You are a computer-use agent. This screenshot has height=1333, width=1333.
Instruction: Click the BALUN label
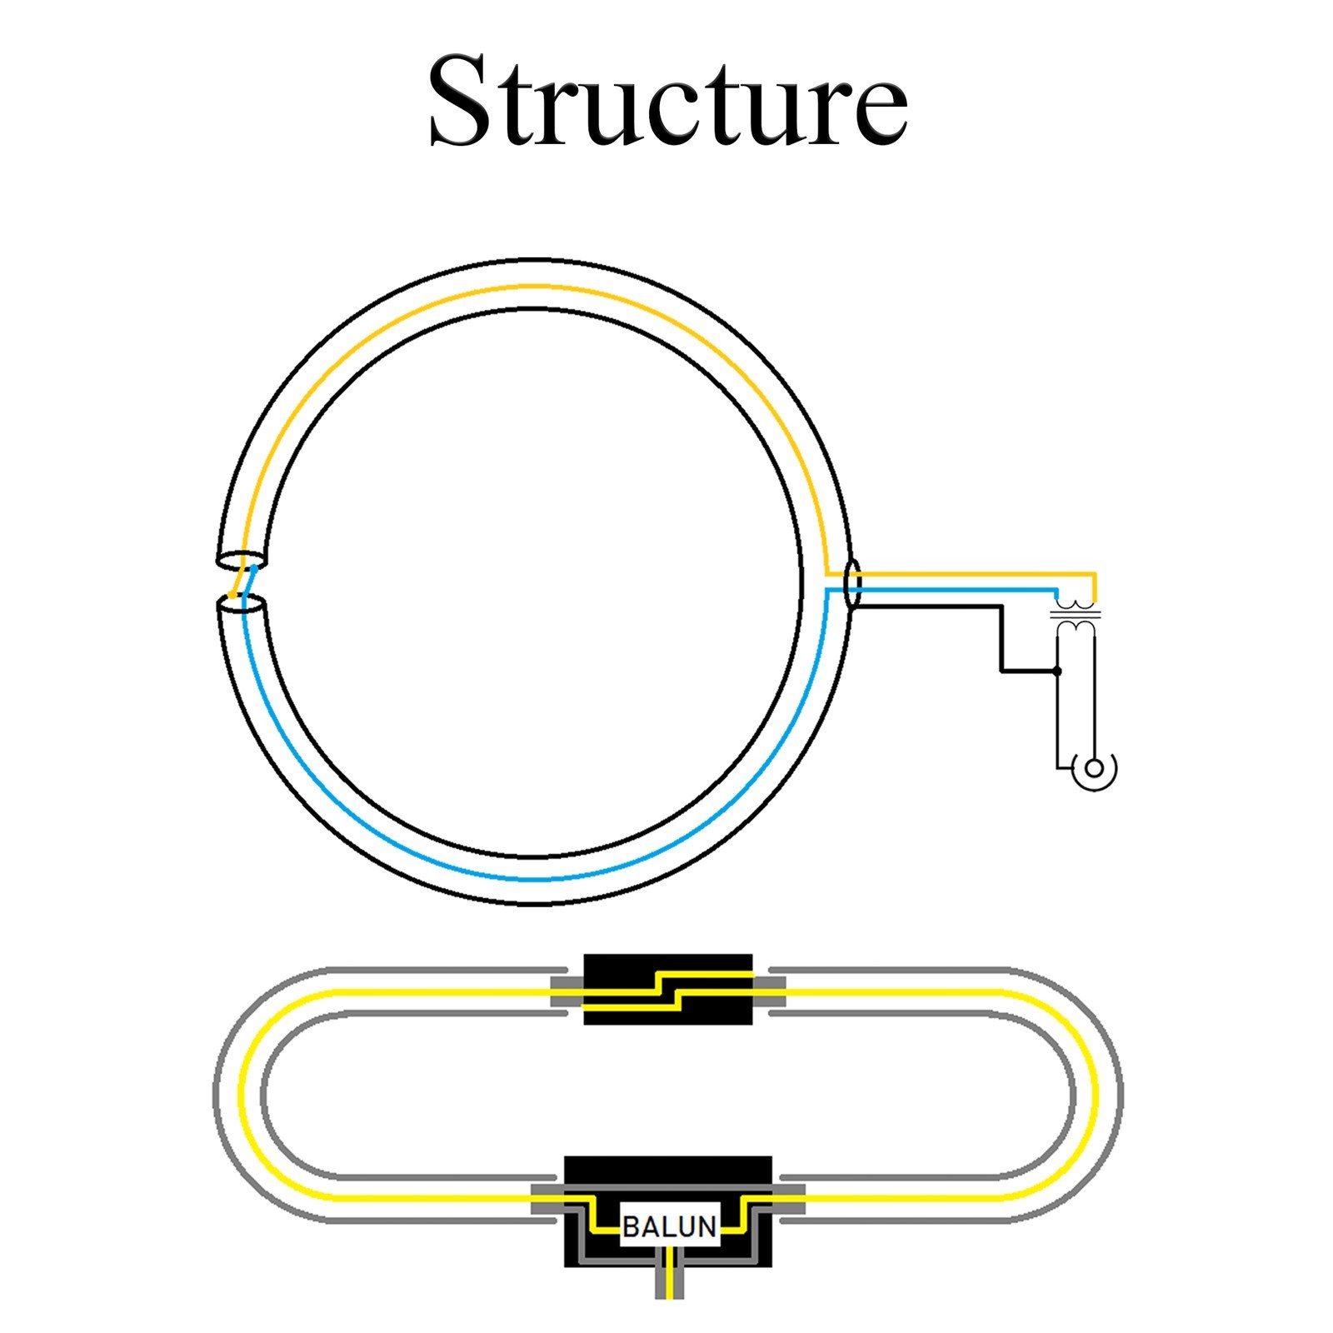[669, 1227]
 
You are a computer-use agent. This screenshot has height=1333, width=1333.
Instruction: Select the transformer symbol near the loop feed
[1076, 613]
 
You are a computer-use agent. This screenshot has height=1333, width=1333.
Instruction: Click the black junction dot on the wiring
[1057, 671]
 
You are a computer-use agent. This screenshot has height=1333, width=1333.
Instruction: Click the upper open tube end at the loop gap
[242, 561]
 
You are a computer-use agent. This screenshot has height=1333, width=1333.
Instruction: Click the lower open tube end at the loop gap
[242, 605]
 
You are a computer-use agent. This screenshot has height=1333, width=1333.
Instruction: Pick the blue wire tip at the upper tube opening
[253, 569]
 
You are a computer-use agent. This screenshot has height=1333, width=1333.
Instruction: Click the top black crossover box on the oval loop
[667, 989]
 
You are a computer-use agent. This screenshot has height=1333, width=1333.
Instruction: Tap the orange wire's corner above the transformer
[1094, 574]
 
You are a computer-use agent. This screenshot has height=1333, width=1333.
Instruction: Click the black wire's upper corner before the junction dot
[1001, 607]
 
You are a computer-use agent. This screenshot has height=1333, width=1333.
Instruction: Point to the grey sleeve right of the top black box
[769, 991]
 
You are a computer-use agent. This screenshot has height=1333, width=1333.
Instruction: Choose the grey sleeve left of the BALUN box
[547, 1200]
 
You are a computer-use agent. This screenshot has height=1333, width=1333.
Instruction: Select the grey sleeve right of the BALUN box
[789, 1200]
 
